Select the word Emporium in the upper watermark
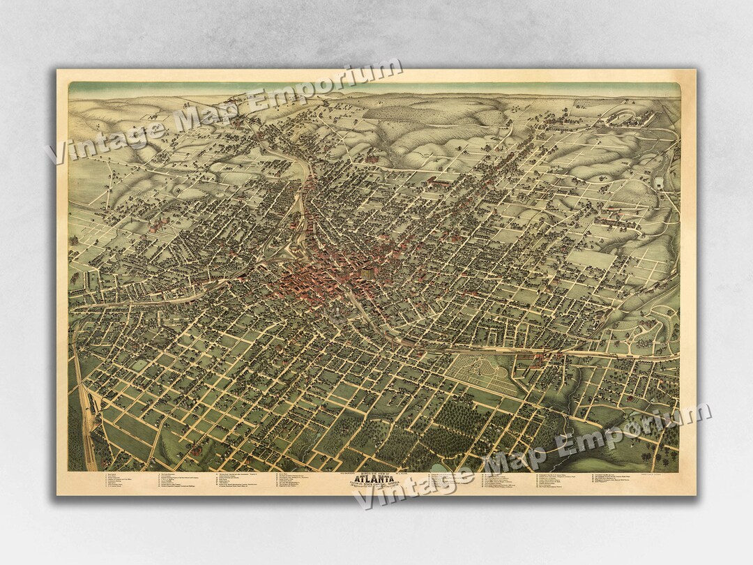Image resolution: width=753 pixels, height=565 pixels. coord(321,82)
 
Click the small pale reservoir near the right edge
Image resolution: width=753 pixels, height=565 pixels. coord(658,183)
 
